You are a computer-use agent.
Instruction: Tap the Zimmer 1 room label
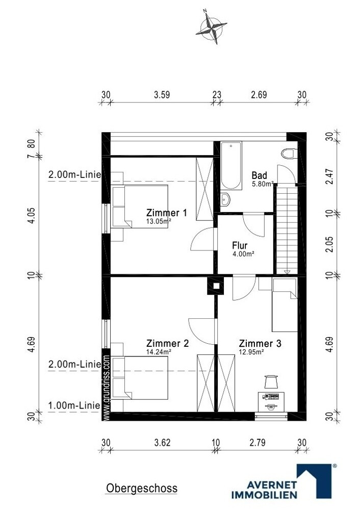[x=167, y=213]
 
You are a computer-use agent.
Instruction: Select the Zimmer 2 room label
[x=167, y=343]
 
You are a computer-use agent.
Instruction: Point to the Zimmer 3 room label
[x=260, y=343]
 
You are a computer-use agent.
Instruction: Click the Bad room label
[x=259, y=175]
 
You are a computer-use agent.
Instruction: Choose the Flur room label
[x=240, y=245]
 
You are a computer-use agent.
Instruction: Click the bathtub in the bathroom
[x=231, y=166]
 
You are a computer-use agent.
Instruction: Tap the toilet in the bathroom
[x=289, y=154]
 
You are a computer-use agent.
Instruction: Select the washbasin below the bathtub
[x=225, y=199]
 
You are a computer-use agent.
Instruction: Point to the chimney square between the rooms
[x=216, y=286]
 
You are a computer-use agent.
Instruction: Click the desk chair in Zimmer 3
[x=271, y=381]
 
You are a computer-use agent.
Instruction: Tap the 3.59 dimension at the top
[x=162, y=95]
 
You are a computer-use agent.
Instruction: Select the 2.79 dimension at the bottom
[x=258, y=443]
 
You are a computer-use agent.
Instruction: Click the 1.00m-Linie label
[x=74, y=405]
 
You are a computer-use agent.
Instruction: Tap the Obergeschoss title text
[x=142, y=488]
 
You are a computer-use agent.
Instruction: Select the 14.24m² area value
[x=159, y=351]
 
